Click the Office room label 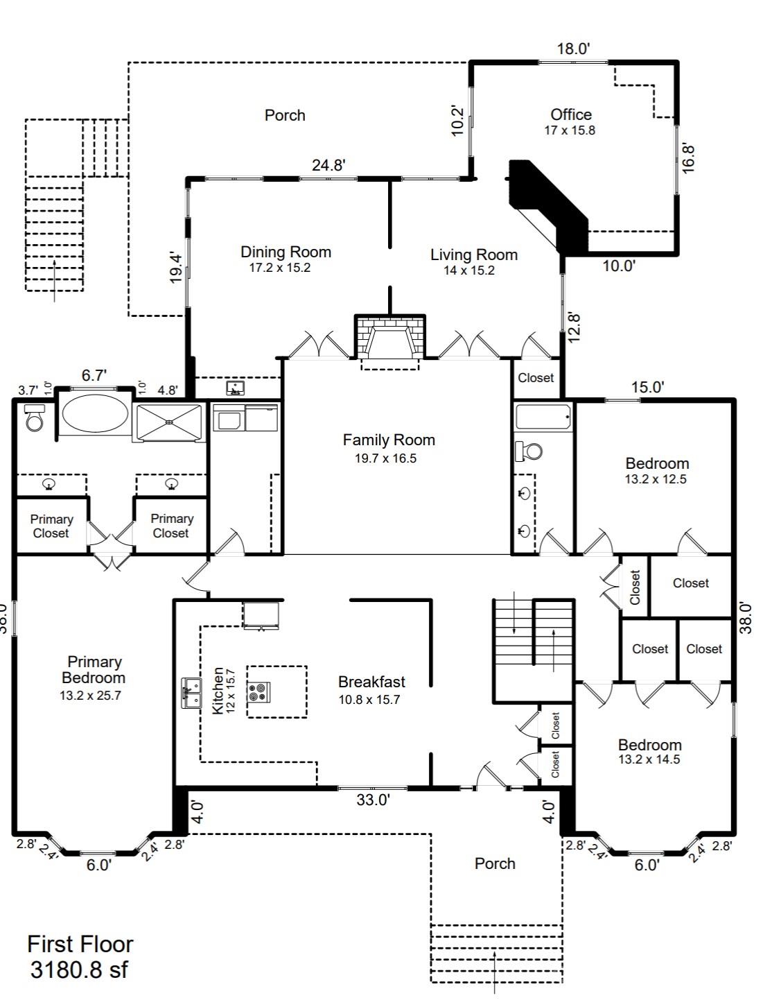coord(571,115)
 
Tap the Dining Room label coord(286,252)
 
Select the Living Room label coord(473,255)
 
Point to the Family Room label coord(389,440)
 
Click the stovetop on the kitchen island coord(259,691)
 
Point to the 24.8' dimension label coord(328,165)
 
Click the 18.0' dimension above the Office coord(573,49)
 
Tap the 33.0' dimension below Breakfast coord(373,800)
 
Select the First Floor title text coord(80,944)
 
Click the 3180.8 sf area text coord(78,970)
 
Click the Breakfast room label coord(371,682)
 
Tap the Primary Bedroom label coord(94,670)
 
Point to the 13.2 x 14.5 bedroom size coord(649,759)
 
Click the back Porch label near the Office coord(285,115)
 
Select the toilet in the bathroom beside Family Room coord(530,451)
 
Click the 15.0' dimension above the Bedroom coord(647,387)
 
